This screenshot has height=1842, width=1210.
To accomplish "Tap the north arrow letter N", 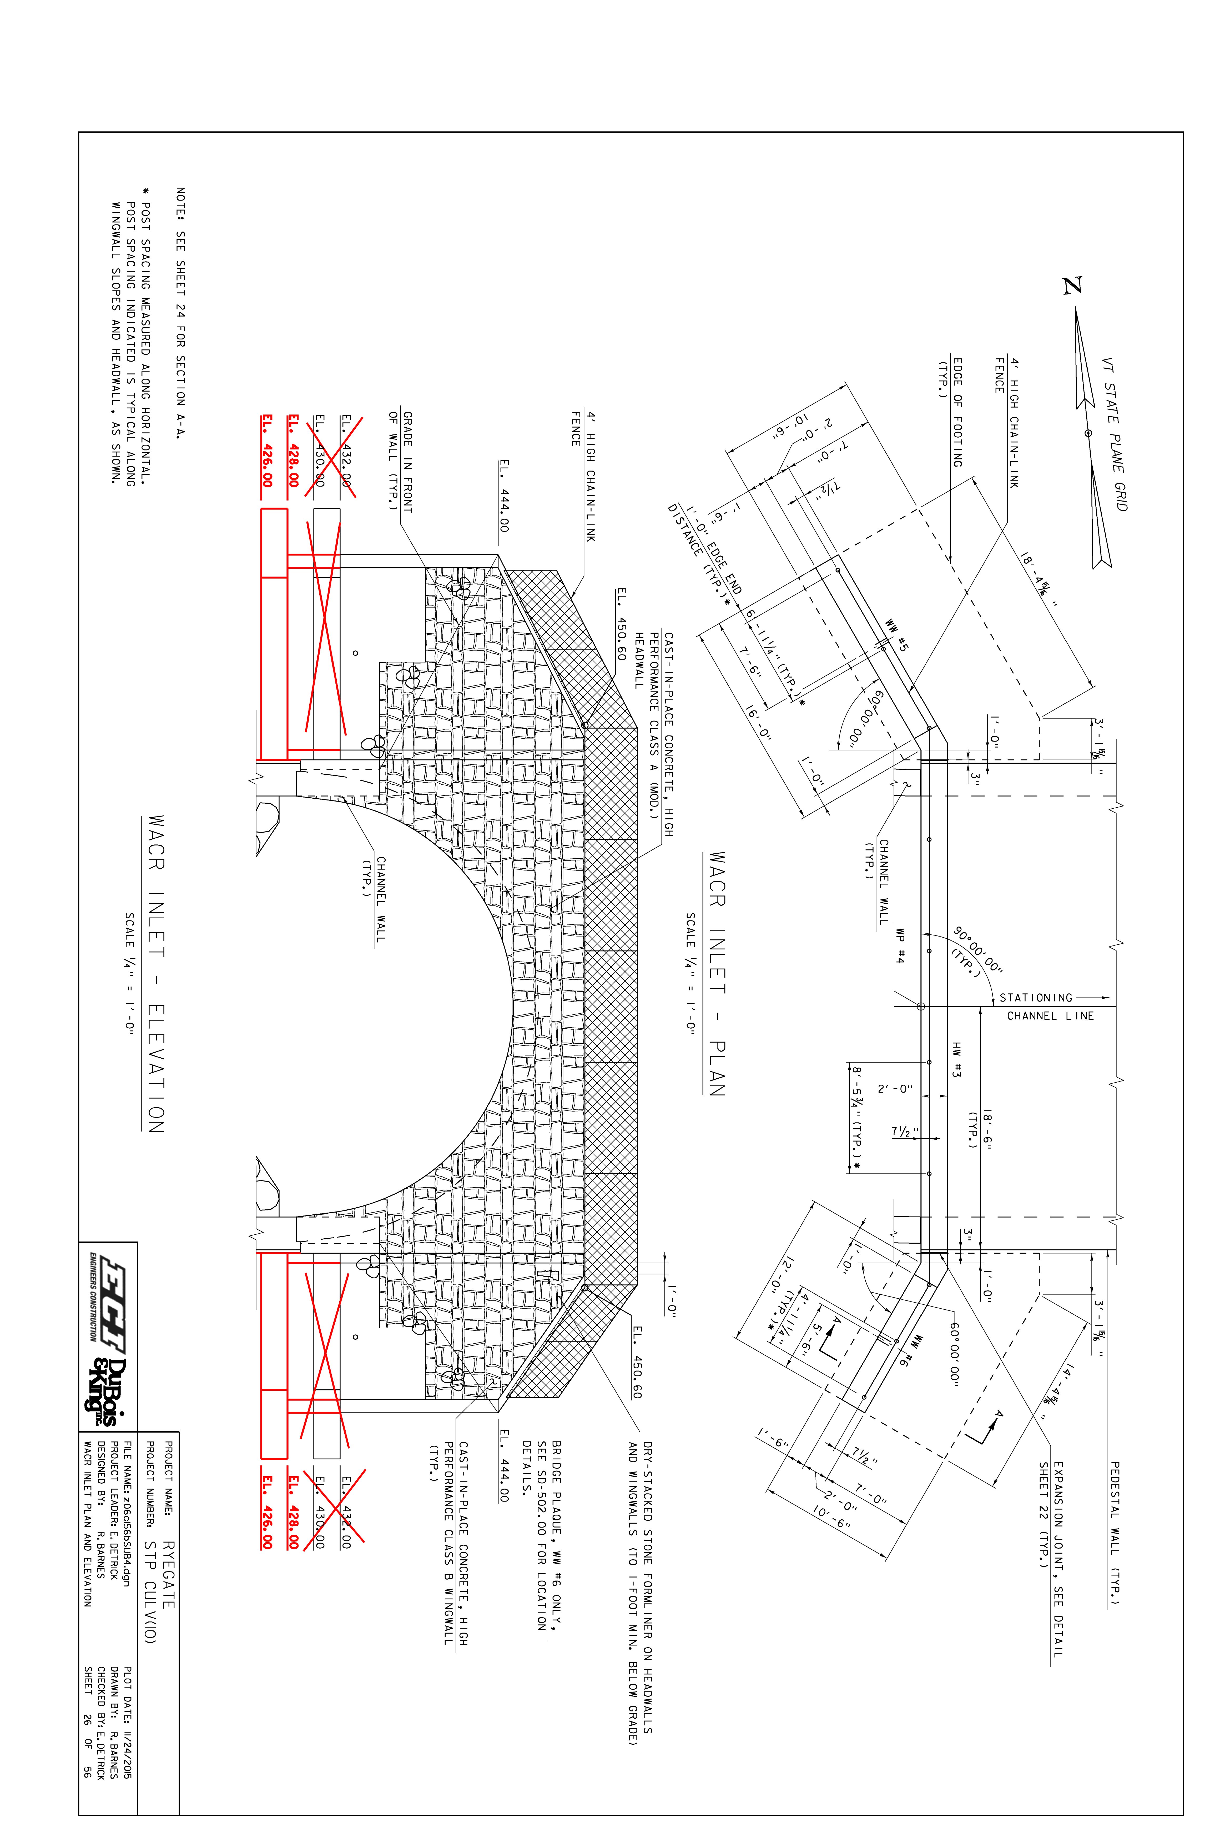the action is [x=1072, y=286].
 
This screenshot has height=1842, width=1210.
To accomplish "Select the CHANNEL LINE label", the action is [x=1050, y=1016].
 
